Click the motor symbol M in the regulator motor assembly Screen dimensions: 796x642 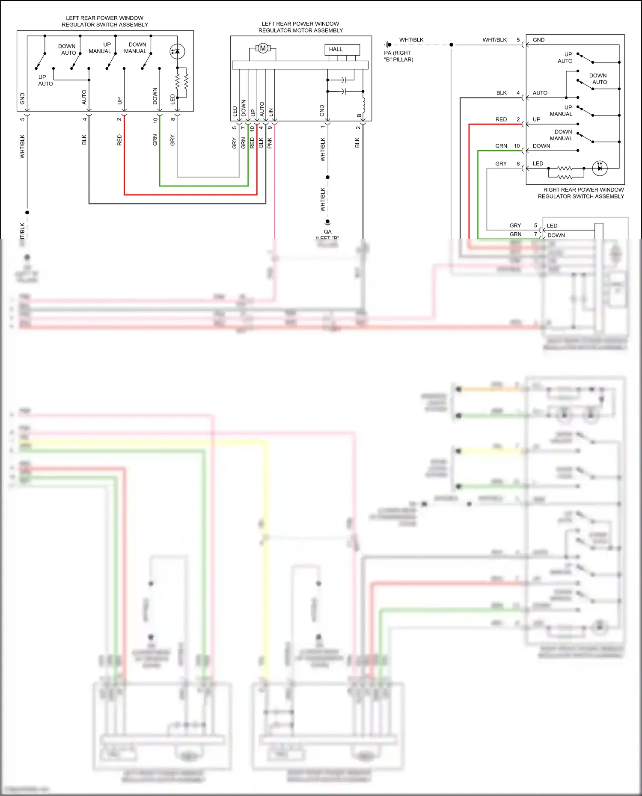(263, 48)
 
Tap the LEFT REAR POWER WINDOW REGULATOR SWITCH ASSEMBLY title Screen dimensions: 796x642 (105, 21)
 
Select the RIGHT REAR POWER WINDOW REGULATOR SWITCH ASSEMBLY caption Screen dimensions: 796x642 (581, 193)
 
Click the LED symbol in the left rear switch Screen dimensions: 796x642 (177, 52)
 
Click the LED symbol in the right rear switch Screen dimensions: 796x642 (600, 168)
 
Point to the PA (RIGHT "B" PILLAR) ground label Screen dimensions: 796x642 (398, 56)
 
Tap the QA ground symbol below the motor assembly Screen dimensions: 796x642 (327, 222)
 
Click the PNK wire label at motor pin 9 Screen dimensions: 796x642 (270, 143)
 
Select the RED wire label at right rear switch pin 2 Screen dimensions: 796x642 (501, 119)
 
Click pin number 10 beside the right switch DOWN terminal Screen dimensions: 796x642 (517, 146)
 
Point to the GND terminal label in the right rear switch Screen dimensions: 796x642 (538, 40)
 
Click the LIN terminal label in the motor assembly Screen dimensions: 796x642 (270, 112)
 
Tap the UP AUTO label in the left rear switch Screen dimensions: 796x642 (45, 80)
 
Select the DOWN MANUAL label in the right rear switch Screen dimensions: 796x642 (561, 135)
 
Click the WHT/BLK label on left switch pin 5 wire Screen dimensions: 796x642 (22, 147)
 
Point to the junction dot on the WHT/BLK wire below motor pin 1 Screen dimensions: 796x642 (327, 177)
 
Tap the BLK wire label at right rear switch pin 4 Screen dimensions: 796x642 (502, 93)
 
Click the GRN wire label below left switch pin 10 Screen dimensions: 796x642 (155, 140)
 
